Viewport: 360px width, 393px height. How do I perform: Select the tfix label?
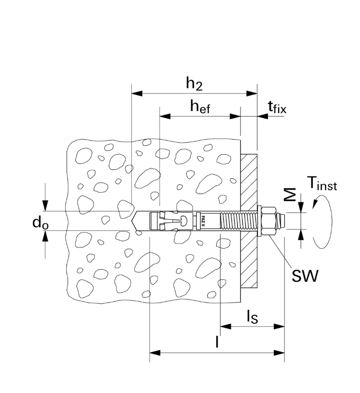click(277, 107)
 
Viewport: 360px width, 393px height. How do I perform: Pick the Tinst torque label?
click(322, 183)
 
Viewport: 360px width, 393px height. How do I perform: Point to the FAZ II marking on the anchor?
click(204, 220)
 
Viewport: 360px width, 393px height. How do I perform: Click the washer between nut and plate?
click(260, 220)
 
